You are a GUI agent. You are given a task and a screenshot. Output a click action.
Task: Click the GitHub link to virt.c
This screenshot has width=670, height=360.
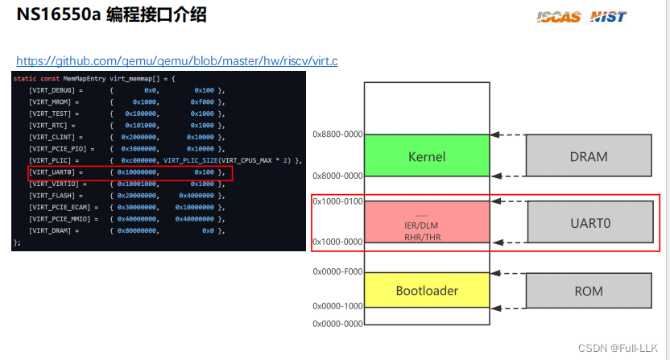click(176, 60)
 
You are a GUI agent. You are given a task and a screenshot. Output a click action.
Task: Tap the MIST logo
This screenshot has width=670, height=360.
click(608, 16)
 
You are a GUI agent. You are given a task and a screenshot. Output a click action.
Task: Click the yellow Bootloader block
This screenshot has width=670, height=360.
click(427, 290)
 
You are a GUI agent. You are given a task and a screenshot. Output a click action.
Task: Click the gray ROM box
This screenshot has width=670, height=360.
click(589, 290)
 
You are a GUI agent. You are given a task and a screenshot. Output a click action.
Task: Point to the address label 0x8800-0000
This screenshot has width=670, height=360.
click(337, 134)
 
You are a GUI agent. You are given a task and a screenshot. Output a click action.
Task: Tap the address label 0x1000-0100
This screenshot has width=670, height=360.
click(337, 201)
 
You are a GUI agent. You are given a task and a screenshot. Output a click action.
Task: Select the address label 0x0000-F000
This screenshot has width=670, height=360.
click(337, 272)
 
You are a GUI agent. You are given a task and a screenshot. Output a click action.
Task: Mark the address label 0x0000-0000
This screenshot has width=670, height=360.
click(337, 324)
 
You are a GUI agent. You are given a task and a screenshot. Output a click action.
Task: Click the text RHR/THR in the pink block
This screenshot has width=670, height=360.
click(423, 237)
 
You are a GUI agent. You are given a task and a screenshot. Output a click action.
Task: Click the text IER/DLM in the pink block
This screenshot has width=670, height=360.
click(423, 226)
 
